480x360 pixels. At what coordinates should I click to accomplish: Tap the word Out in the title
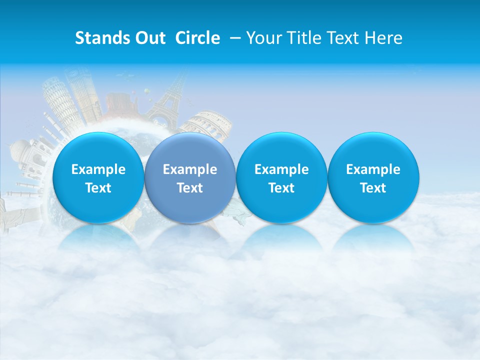pyautogui.click(x=148, y=38)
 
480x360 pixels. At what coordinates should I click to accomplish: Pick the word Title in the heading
pyautogui.click(x=306, y=38)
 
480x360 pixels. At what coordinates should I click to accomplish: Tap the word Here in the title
pyautogui.click(x=383, y=38)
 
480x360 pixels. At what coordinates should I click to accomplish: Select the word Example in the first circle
pyautogui.click(x=98, y=169)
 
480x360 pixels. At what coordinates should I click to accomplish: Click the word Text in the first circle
pyautogui.click(x=98, y=188)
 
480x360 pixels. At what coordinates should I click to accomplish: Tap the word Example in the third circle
pyautogui.click(x=282, y=169)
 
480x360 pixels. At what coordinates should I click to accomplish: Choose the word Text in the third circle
pyautogui.click(x=282, y=188)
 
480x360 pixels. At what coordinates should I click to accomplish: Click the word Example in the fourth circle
pyautogui.click(x=373, y=169)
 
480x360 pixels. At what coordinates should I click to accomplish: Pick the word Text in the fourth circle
pyautogui.click(x=373, y=188)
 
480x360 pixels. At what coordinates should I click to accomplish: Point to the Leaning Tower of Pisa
pyautogui.click(x=59, y=100)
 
